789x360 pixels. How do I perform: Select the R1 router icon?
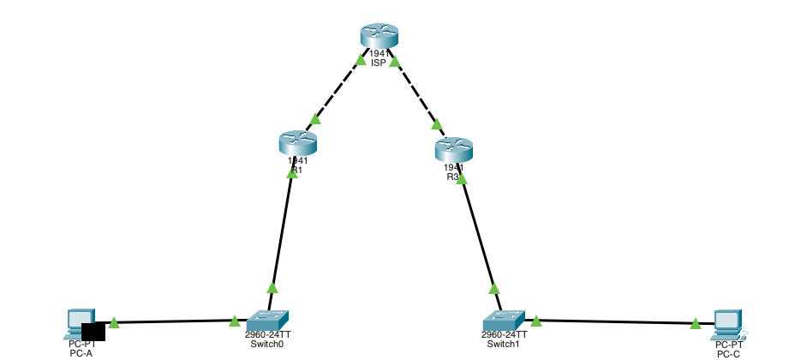(x=297, y=142)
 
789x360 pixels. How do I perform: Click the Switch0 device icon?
(x=268, y=318)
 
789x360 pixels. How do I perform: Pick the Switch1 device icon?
(x=503, y=318)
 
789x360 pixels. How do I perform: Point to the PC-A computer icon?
(x=78, y=321)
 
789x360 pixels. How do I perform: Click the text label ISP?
(x=379, y=63)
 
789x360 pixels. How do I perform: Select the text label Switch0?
(x=267, y=344)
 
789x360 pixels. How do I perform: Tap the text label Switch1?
(x=504, y=344)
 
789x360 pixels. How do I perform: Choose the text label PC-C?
(x=728, y=353)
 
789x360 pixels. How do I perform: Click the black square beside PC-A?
(x=93, y=332)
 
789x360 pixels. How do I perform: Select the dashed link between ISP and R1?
(x=337, y=91)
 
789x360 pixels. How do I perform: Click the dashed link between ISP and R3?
(x=415, y=94)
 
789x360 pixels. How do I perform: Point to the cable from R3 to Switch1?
(x=478, y=231)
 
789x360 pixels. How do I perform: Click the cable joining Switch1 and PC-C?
(x=617, y=322)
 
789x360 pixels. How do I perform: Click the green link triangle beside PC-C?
(x=695, y=324)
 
